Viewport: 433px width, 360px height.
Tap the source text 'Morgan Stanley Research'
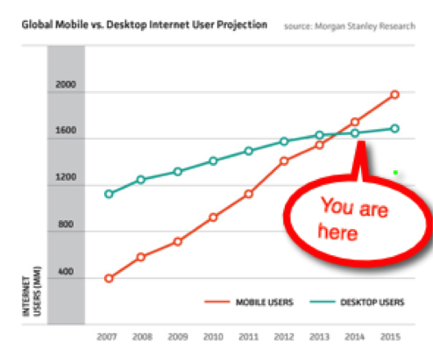354,26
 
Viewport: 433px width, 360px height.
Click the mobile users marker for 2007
109,278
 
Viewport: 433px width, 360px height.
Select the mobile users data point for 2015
395,95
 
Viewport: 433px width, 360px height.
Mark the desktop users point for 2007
109,194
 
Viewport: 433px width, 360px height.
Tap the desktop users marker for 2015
395,128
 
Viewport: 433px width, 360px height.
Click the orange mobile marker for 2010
214,218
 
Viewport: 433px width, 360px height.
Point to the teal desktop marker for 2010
214,161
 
